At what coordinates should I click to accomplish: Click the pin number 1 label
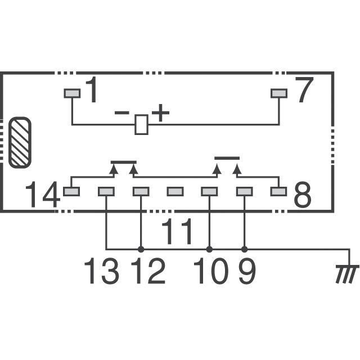(x=91, y=89)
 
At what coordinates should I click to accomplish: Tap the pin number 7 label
(x=304, y=89)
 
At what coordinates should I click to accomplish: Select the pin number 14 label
(x=43, y=194)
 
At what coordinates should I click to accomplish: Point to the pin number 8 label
(x=303, y=194)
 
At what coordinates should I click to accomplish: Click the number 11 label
(x=177, y=231)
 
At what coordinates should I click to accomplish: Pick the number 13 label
(x=101, y=271)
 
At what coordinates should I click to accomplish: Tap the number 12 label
(x=148, y=271)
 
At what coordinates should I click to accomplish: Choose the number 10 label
(x=211, y=271)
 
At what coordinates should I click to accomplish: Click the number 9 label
(x=247, y=271)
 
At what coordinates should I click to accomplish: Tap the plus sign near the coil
(x=160, y=112)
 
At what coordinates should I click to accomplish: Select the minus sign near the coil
(x=122, y=112)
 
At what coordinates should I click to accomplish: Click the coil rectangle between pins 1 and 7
(x=141, y=124)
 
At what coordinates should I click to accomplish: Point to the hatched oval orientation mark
(x=20, y=142)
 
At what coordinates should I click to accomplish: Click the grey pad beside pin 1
(x=72, y=93)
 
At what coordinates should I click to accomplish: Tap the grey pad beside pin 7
(x=279, y=93)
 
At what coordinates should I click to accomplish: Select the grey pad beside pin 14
(x=71, y=191)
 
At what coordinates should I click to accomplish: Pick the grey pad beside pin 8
(x=279, y=191)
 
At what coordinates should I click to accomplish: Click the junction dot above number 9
(x=245, y=249)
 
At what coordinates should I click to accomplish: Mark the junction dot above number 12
(x=141, y=249)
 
